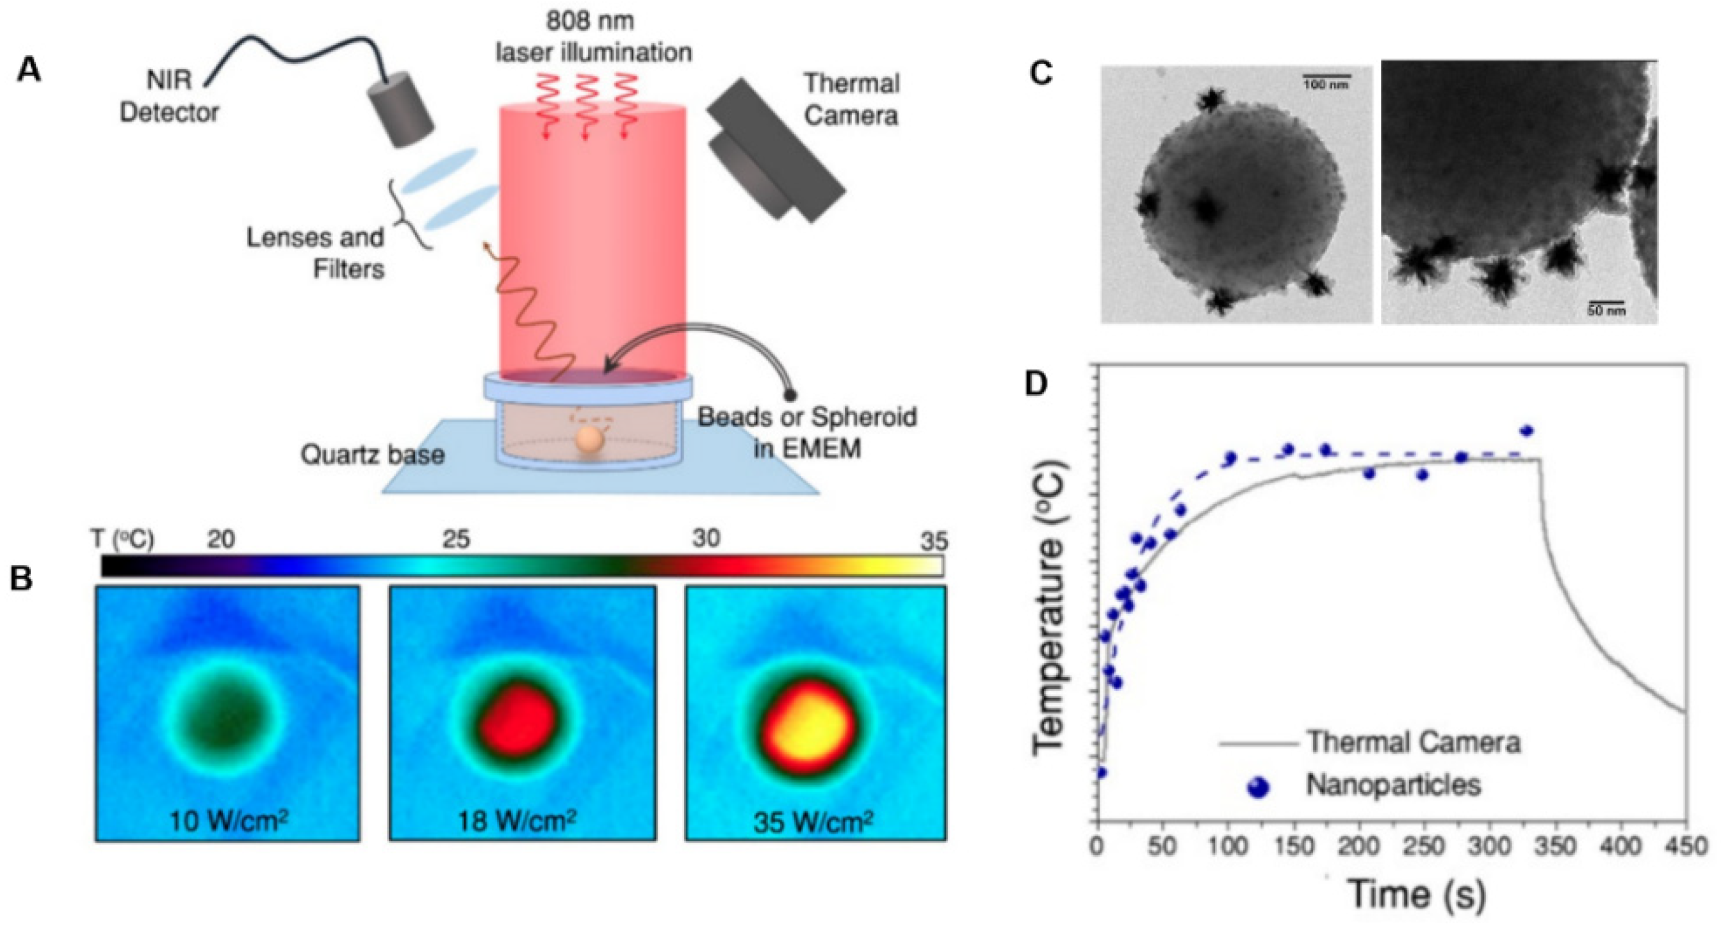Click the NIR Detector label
coord(168,96)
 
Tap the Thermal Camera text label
coord(851,99)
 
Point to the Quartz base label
coord(372,455)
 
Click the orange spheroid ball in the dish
coord(589,442)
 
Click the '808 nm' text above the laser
coord(590,21)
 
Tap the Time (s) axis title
coord(1415,893)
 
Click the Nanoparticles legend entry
coord(1393,784)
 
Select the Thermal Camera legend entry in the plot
coord(1414,742)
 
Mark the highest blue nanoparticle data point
coord(1526,431)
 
